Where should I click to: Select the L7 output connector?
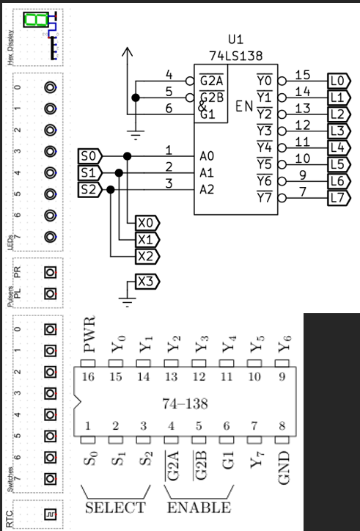pos(338,197)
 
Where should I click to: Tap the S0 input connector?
pos(91,156)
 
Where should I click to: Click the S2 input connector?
pos(91,189)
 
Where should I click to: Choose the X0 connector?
pos(147,222)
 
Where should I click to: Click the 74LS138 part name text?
pos(235,55)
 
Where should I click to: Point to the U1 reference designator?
pos(235,39)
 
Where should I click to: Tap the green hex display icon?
pos(34,20)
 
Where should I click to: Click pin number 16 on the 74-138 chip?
pos(89,376)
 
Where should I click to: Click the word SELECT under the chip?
pos(116,508)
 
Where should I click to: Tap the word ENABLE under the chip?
pos(199,508)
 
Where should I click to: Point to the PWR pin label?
pos(89,335)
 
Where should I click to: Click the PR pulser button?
pos(50,272)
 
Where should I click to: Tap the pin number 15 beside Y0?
pos(302,75)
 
